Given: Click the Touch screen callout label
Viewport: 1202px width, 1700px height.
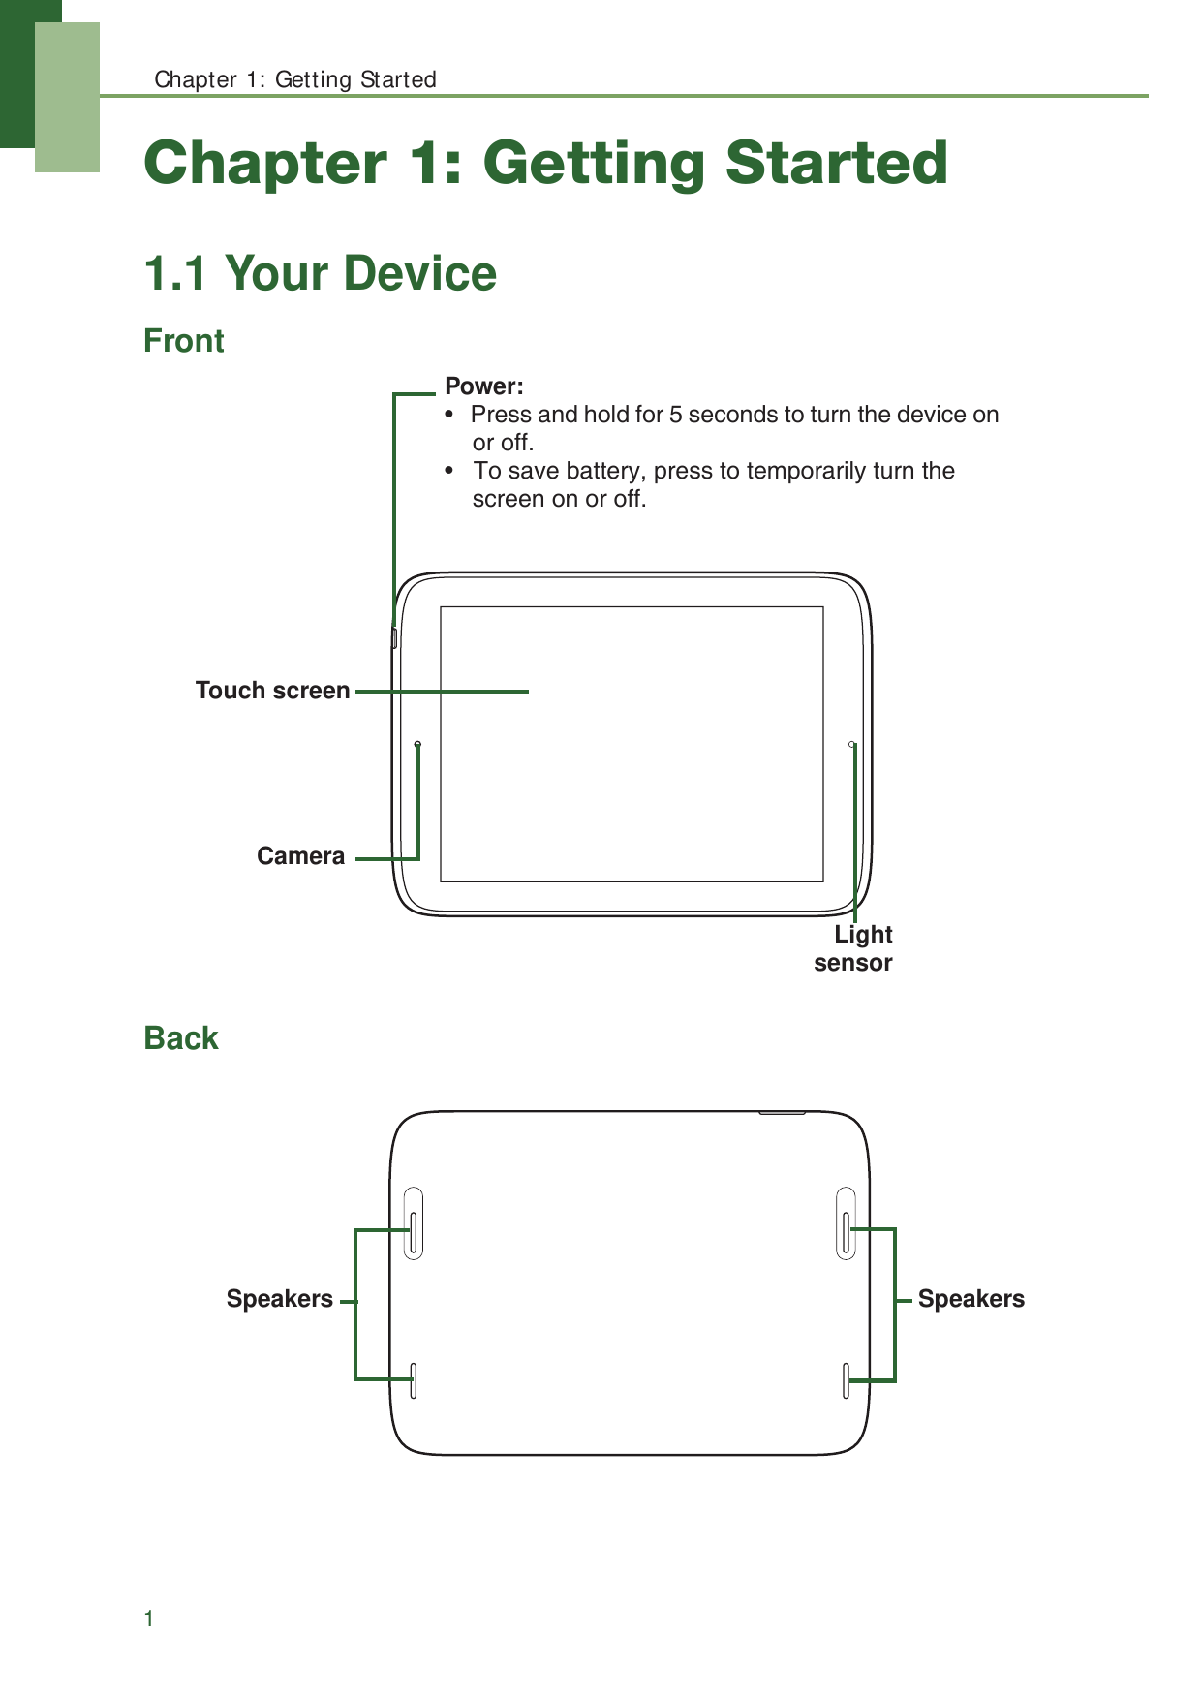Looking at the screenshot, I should coord(272,691).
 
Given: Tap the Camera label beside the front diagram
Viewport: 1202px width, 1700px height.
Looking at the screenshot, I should coord(300,856).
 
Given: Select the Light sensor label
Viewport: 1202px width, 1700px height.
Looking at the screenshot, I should coord(854,948).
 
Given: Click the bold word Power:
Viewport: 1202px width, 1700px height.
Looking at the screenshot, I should coord(483,386).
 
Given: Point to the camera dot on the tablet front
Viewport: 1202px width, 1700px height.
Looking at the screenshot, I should coord(417,744).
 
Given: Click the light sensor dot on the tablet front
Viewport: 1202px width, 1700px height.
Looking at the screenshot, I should coord(852,744).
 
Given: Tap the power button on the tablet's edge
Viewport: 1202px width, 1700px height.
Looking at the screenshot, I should coord(394,637).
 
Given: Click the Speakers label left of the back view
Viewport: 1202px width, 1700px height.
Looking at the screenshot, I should coord(279,1299).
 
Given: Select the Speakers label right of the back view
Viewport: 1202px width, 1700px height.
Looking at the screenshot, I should coord(971,1299).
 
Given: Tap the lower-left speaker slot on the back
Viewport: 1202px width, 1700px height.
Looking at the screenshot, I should coord(414,1380).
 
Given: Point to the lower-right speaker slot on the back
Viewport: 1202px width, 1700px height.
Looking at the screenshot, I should coord(846,1380).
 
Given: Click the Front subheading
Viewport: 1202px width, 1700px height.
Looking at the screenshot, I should coord(184,341).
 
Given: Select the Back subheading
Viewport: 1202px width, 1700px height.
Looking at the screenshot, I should coord(181,1038).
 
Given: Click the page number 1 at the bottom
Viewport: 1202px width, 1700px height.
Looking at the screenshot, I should coord(149,1619).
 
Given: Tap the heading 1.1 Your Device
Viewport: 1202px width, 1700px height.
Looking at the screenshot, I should coord(320,273).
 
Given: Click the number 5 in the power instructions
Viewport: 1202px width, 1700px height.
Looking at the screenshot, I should coord(675,415).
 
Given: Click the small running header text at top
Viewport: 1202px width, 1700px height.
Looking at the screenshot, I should coord(295,79).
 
